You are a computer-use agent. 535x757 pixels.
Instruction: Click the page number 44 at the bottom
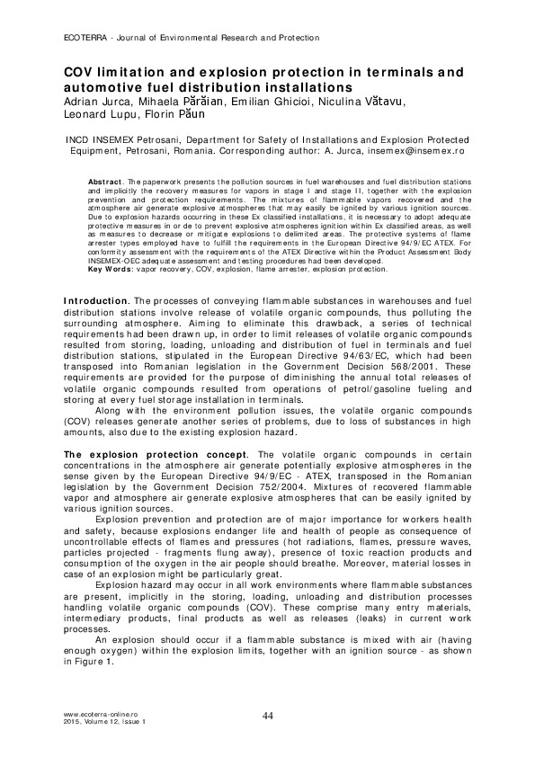pyautogui.click(x=267, y=715)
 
